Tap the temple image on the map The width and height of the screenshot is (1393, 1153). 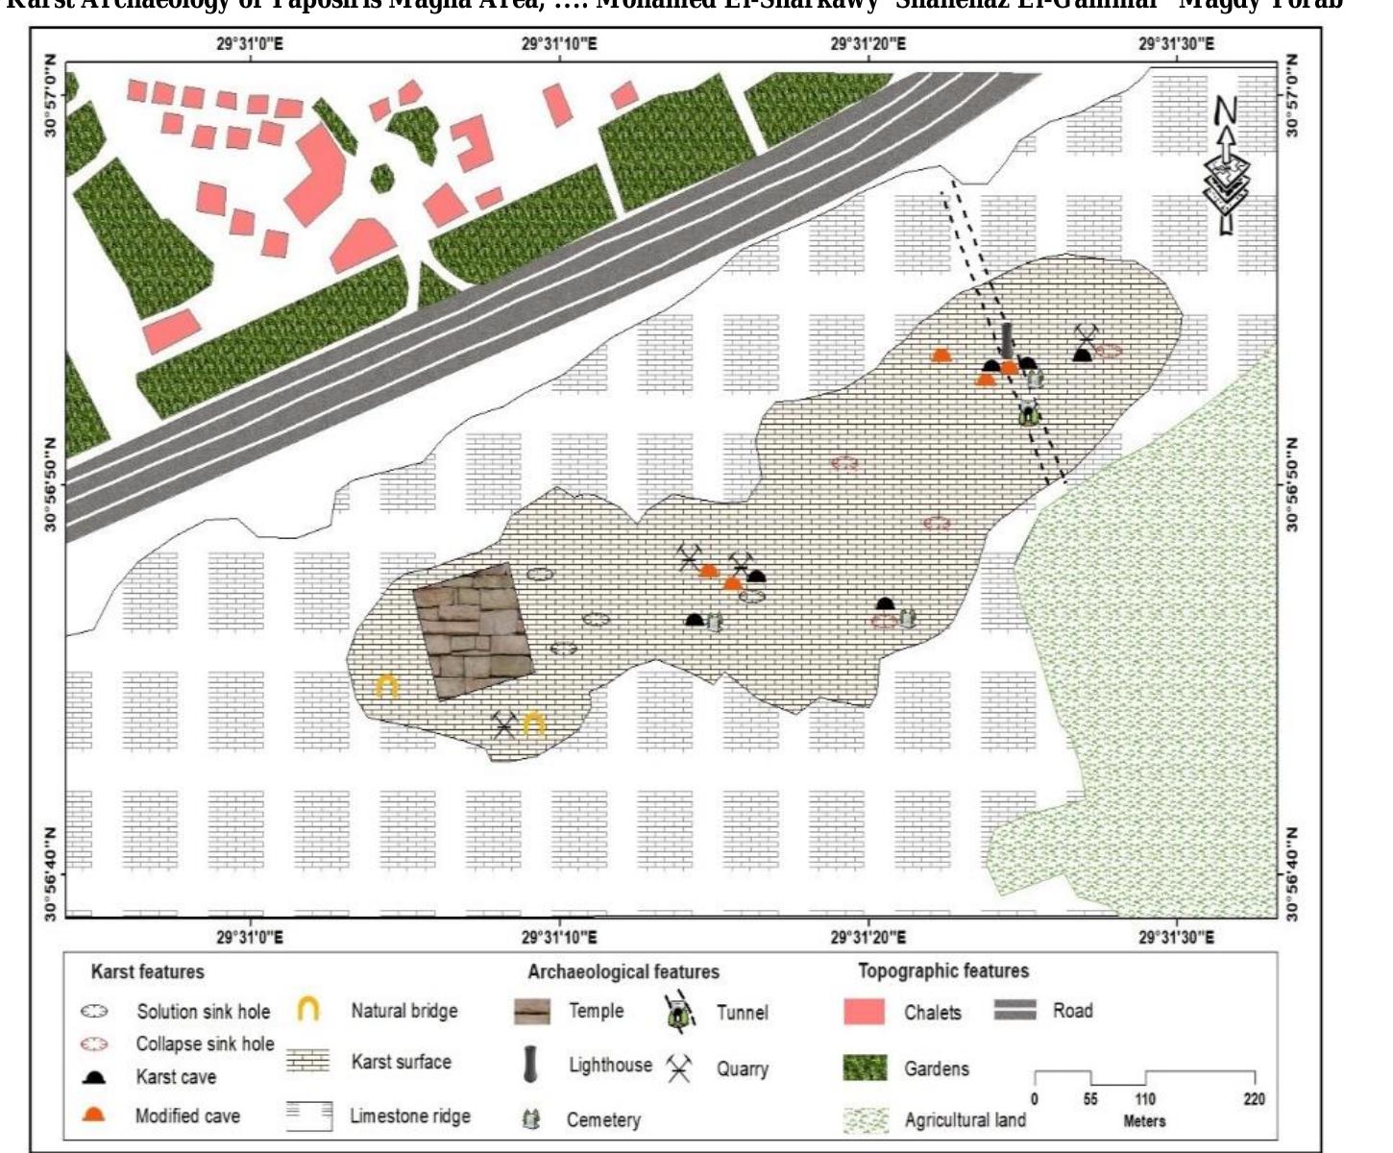pos(472,629)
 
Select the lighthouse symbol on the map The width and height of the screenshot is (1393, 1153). pos(1006,340)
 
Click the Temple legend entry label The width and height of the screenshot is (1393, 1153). pos(596,1011)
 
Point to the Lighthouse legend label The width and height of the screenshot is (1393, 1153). pos(610,1065)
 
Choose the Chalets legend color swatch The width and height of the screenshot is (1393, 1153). pos(863,1012)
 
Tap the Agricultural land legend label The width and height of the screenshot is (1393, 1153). pos(965,1120)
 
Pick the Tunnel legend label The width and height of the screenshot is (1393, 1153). pos(742,1012)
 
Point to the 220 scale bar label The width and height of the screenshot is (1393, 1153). pos(1254,1099)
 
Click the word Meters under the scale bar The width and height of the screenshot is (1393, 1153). pos(1143,1121)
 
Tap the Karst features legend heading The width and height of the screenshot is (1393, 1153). pos(147,971)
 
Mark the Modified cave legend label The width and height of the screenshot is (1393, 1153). pos(187,1116)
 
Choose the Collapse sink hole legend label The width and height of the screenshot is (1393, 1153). pos(205,1043)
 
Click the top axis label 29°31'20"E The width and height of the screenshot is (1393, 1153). pos(868,44)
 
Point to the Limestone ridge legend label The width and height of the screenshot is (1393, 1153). pos(409,1116)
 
